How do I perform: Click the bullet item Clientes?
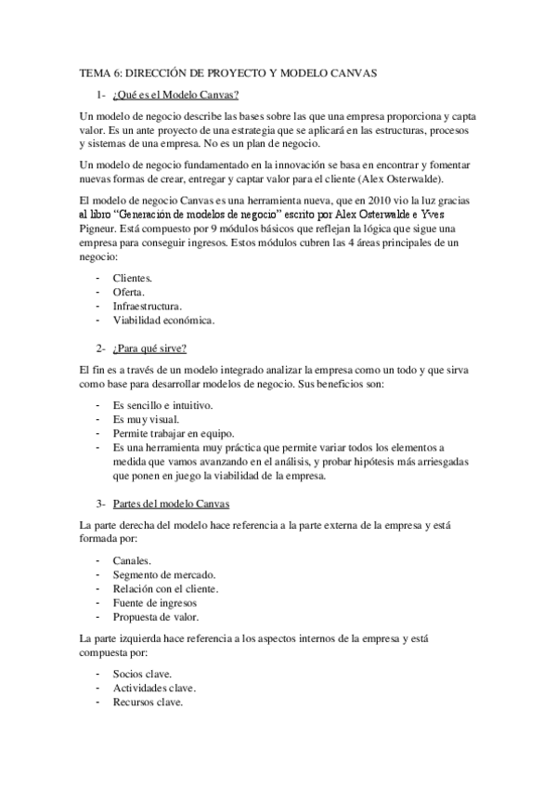(133, 278)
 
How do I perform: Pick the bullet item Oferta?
(129, 292)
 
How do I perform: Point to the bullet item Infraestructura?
(147, 306)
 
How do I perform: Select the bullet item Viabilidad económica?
(162, 320)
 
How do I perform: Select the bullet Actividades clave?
(154, 689)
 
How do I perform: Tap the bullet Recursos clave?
(148, 703)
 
